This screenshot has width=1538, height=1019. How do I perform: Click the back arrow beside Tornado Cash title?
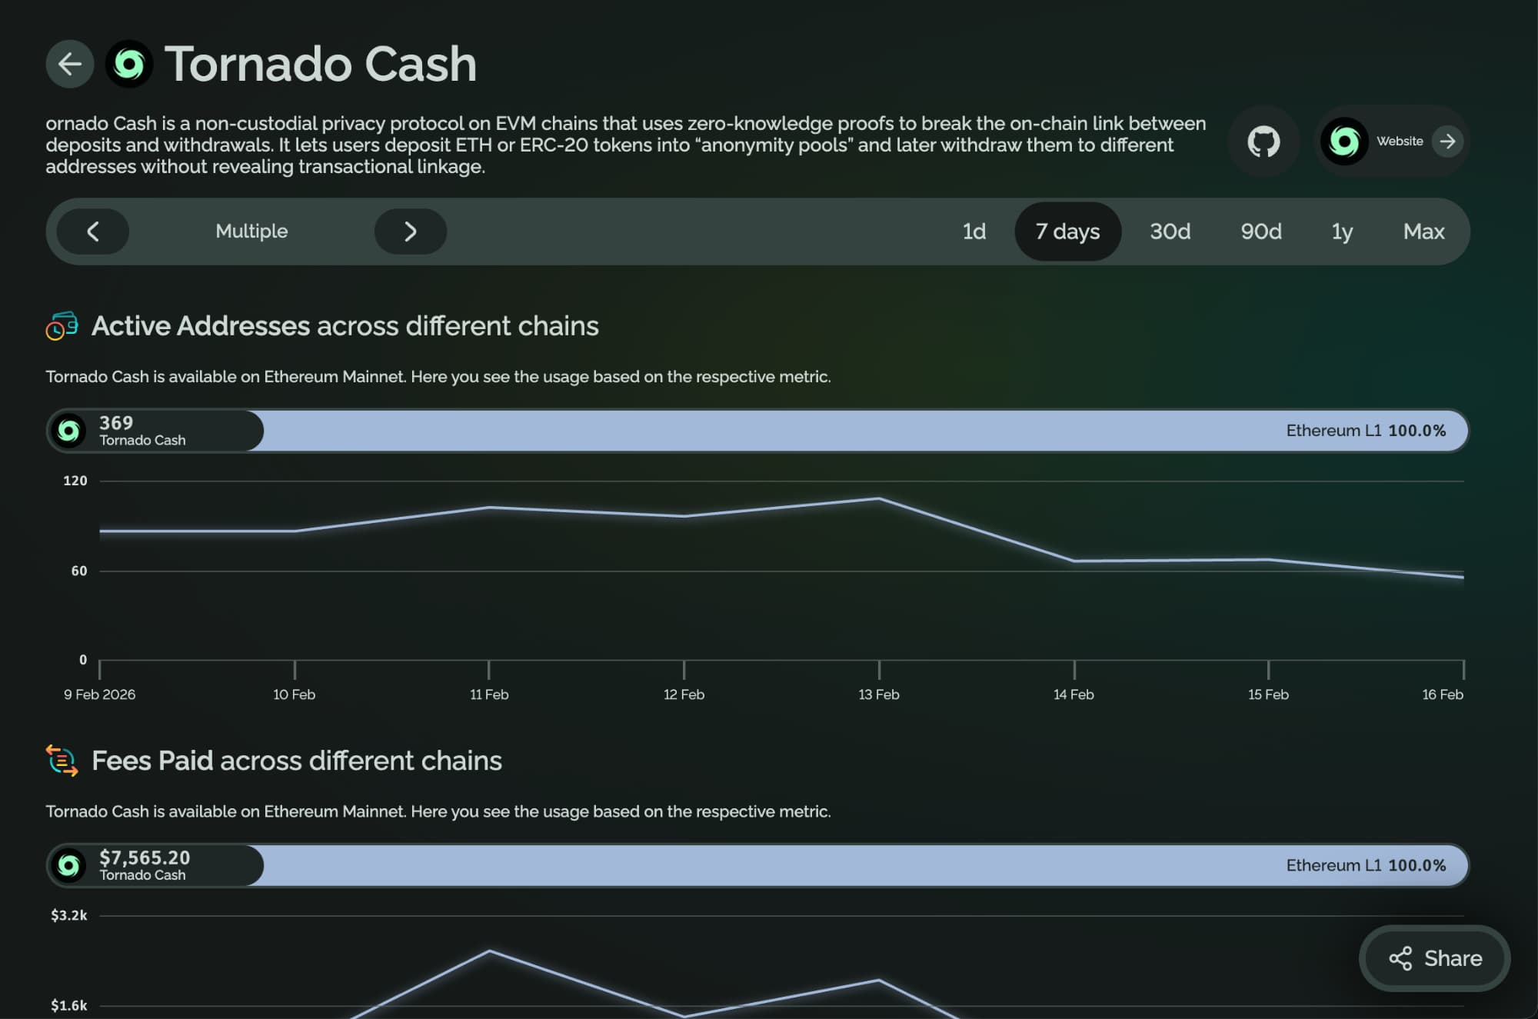pyautogui.click(x=70, y=64)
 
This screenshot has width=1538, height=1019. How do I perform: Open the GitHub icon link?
pyautogui.click(x=1263, y=142)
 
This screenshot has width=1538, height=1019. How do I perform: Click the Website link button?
pyautogui.click(x=1393, y=142)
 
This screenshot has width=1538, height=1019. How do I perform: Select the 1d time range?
pyautogui.click(x=974, y=231)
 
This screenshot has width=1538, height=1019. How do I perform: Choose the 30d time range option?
pyautogui.click(x=1170, y=231)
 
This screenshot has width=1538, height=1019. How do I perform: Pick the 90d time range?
pyautogui.click(x=1260, y=231)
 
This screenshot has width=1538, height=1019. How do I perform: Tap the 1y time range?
pyautogui.click(x=1342, y=231)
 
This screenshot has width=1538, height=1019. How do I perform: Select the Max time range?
pyautogui.click(x=1423, y=231)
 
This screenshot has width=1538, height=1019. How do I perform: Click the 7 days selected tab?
pyautogui.click(x=1067, y=231)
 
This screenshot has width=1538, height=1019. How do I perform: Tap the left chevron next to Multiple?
pyautogui.click(x=93, y=231)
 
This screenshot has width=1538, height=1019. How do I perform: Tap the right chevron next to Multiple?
pyautogui.click(x=411, y=231)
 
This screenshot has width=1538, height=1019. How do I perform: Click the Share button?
pyautogui.click(x=1435, y=958)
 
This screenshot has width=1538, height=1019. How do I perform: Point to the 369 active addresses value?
pyautogui.click(x=116, y=423)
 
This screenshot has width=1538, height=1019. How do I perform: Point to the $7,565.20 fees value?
pyautogui.click(x=145, y=857)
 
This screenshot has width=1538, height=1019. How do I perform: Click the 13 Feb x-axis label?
pyautogui.click(x=879, y=694)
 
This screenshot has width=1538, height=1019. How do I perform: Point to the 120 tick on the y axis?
pyautogui.click(x=75, y=481)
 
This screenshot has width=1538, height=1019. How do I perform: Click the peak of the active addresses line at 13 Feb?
pyautogui.click(x=879, y=499)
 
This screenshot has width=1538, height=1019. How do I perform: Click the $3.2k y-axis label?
pyautogui.click(x=69, y=915)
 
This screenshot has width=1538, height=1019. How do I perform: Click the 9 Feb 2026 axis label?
pyautogui.click(x=100, y=694)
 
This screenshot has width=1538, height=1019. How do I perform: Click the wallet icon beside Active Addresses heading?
pyautogui.click(x=62, y=326)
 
